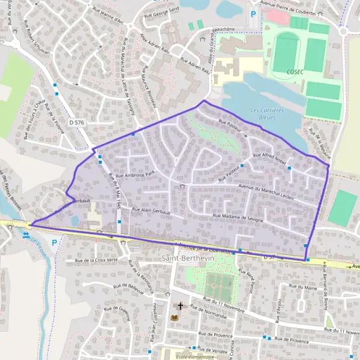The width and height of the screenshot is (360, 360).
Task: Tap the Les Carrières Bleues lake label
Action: point(267,113)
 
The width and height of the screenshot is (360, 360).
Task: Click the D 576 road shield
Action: point(76,122)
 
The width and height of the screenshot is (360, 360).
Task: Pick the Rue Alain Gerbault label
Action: point(152,211)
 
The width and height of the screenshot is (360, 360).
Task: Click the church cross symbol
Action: point(179,306)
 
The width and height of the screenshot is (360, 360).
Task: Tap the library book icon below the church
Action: point(175,317)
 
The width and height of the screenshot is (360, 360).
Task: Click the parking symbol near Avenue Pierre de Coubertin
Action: point(253,13)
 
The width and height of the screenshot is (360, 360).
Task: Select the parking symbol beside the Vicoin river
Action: point(55,243)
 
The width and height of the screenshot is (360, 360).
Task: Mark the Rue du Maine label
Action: point(305,289)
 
